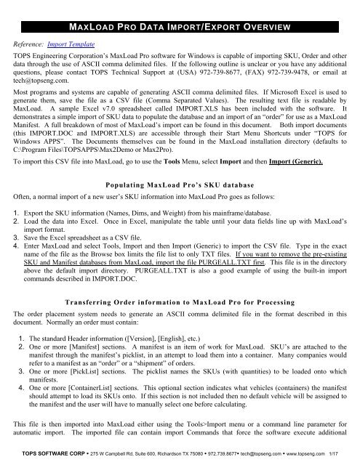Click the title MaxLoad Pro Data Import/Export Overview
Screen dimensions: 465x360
tap(180, 28)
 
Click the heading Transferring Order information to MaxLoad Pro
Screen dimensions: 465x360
tap(180, 303)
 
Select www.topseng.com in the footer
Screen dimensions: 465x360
tap(316, 457)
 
